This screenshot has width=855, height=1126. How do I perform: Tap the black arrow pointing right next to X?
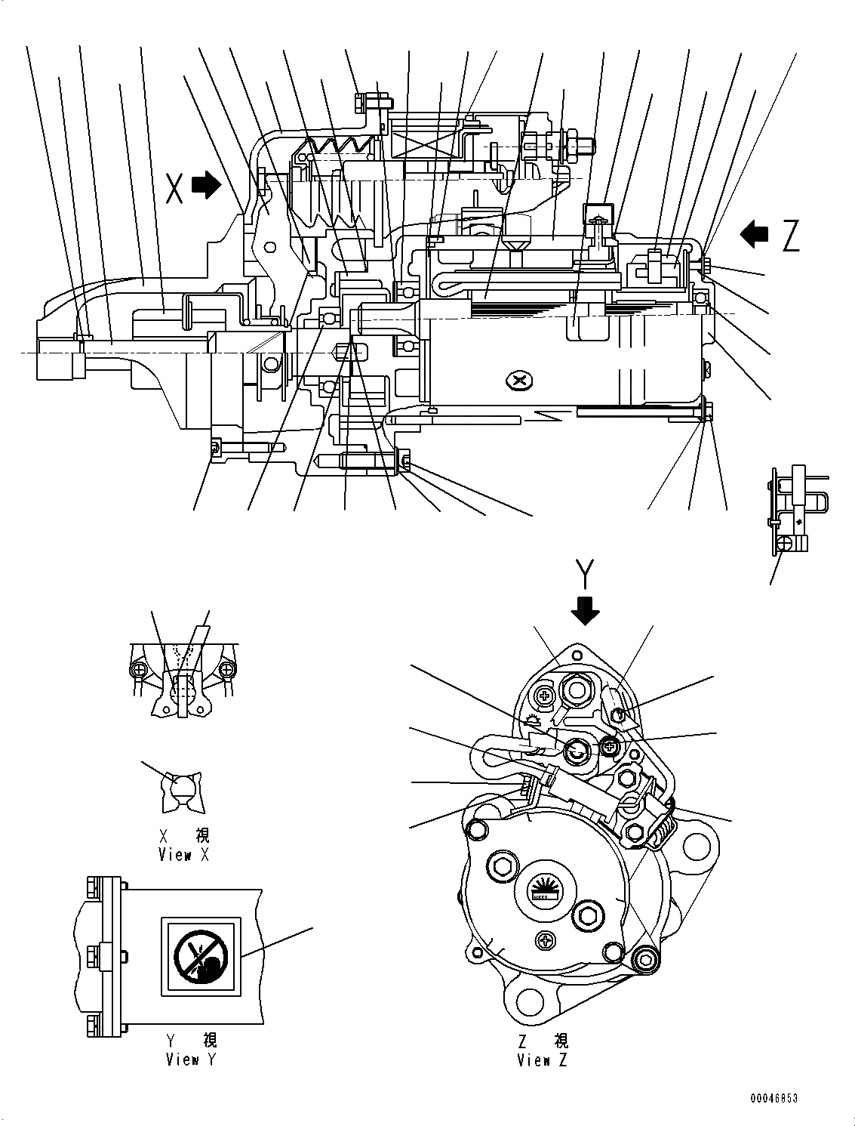[207, 184]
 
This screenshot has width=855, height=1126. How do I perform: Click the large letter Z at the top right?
[789, 236]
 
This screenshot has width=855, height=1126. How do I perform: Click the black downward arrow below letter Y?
[585, 609]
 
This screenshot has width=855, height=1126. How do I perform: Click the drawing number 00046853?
[773, 1097]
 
